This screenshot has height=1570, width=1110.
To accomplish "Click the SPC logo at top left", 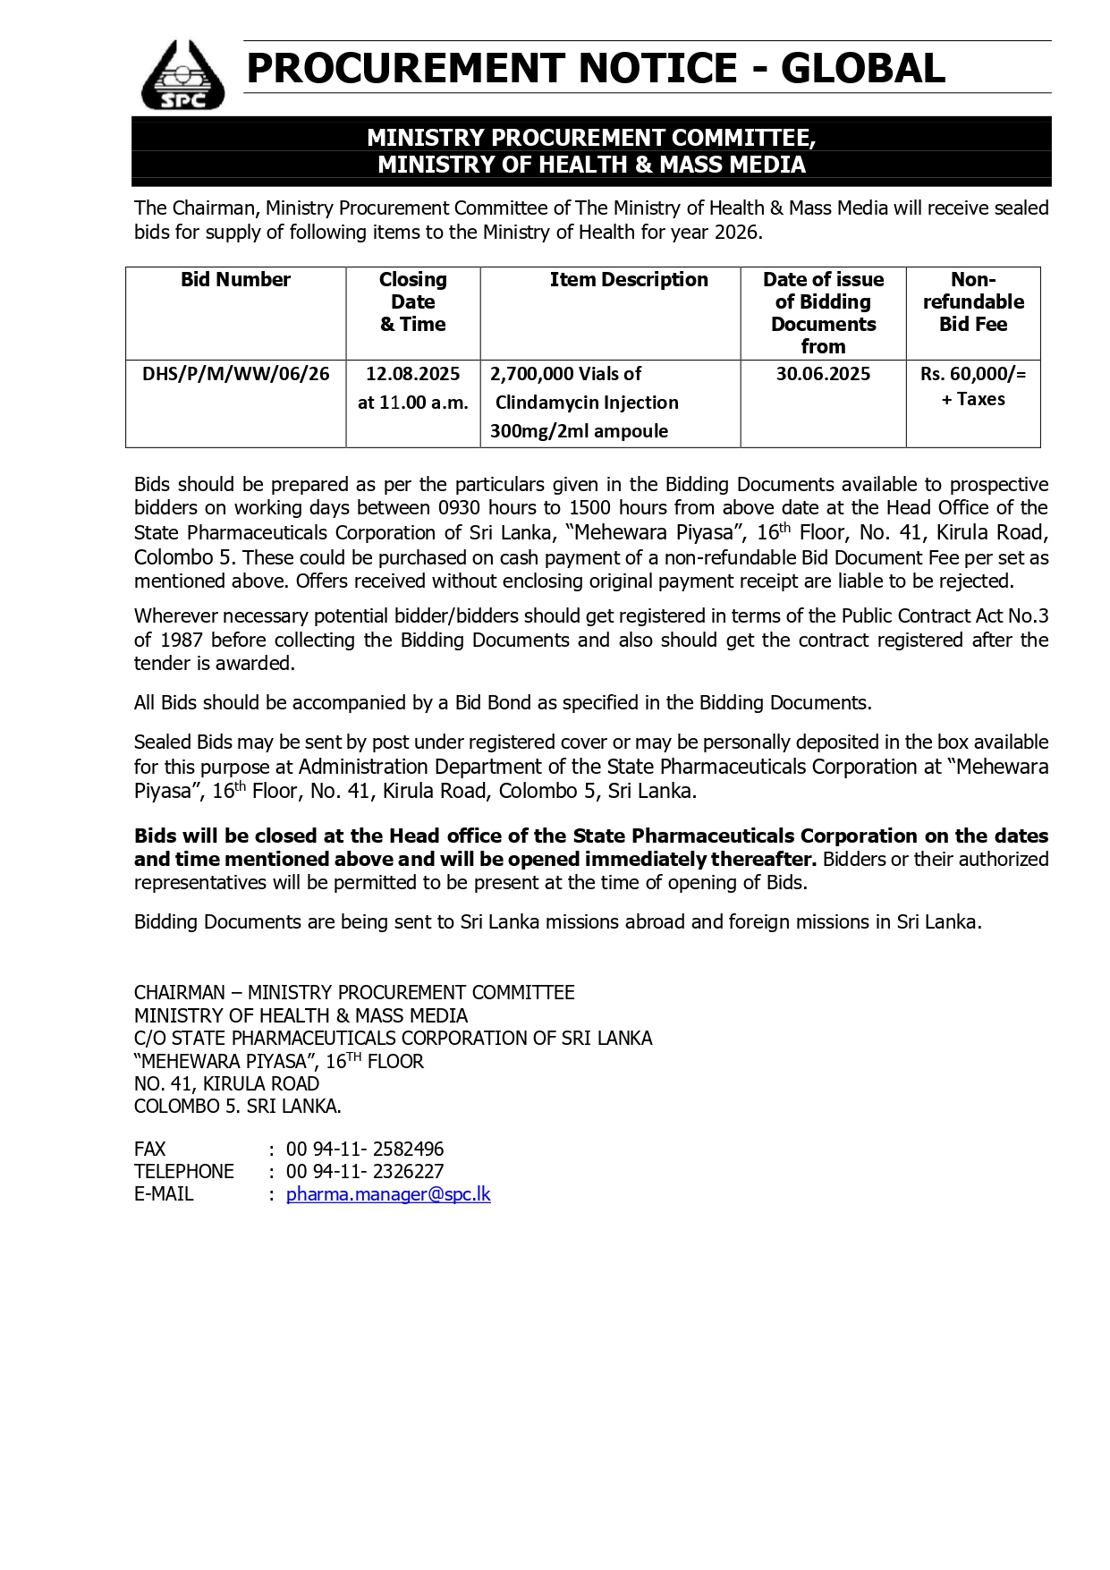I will (182, 75).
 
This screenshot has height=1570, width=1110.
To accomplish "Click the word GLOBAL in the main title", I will (862, 69).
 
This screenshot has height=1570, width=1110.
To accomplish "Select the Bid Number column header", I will (235, 280).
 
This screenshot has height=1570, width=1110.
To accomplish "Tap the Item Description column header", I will (628, 280).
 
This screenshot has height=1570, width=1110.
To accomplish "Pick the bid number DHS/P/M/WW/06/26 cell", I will (236, 374).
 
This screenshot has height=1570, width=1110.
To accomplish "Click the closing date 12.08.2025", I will (412, 374).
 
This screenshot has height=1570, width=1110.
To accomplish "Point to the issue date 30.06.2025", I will (823, 374).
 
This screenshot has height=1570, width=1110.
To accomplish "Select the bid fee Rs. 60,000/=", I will (973, 374).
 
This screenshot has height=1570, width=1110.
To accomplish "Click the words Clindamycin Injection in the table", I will (587, 403).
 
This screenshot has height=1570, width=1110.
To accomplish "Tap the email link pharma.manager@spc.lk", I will (388, 1194).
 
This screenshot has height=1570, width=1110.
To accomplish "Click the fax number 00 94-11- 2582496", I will (365, 1149).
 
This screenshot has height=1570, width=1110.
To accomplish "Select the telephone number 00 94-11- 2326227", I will (365, 1171).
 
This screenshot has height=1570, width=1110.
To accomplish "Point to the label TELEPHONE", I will (183, 1171).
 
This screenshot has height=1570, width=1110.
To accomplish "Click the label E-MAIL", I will (164, 1194).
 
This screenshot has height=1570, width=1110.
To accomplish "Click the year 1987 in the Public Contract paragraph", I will (182, 640).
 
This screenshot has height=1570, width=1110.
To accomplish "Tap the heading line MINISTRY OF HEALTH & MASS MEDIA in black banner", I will (591, 165).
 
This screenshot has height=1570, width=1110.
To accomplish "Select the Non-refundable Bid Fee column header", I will (973, 301).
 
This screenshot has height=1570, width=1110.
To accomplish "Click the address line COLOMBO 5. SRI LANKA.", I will (237, 1106).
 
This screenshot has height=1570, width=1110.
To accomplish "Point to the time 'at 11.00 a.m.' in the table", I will (412, 403).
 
